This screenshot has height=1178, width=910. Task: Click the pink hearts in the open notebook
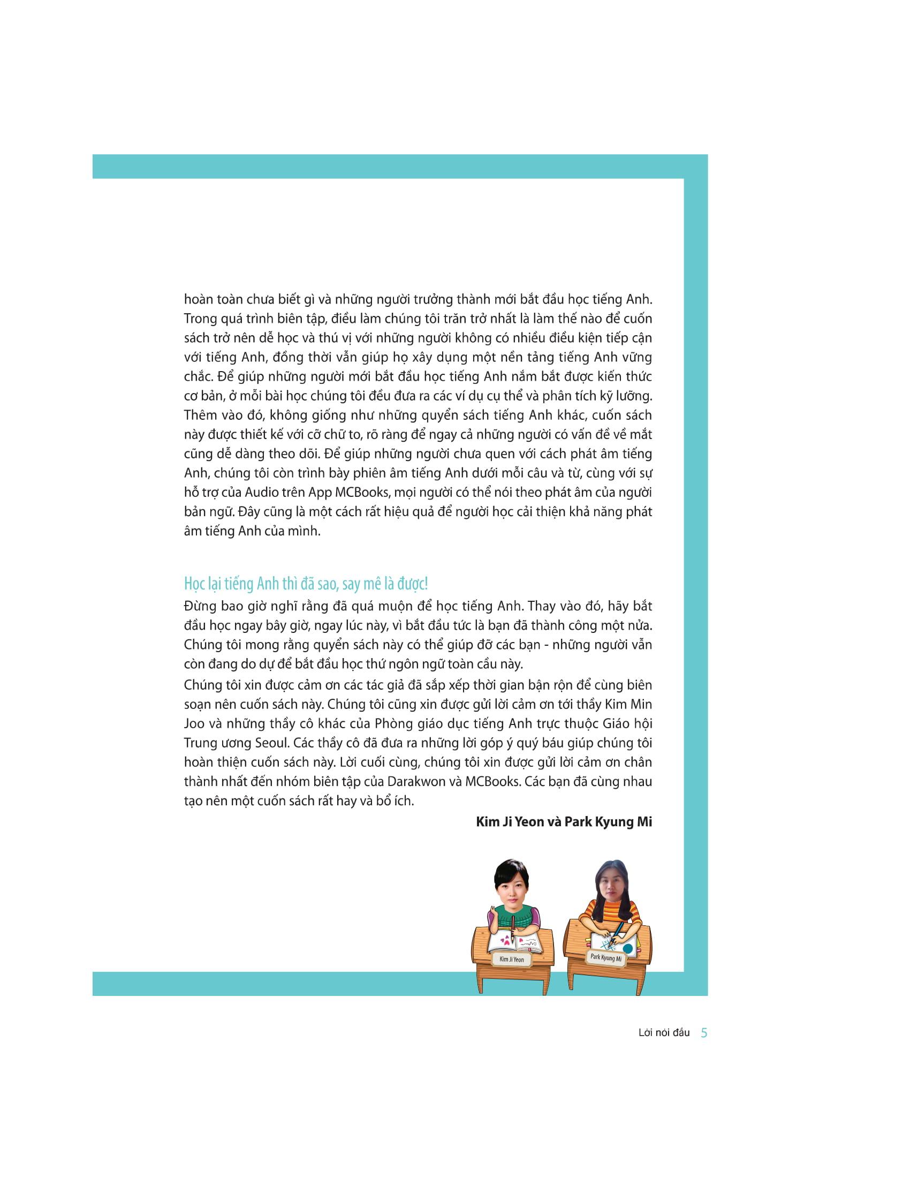506,941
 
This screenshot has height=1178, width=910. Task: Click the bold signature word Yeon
529,821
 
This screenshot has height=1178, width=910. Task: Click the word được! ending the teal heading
412,584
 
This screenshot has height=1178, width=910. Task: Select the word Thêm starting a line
200,415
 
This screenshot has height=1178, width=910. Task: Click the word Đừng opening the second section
200,606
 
